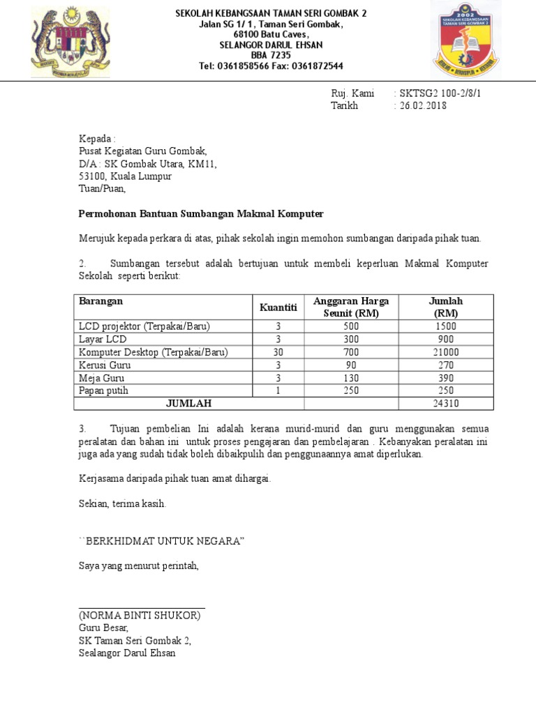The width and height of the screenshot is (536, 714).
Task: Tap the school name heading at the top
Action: [x=271, y=13]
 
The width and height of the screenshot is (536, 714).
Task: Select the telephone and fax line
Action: [x=271, y=66]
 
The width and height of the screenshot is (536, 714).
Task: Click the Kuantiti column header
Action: [x=278, y=307]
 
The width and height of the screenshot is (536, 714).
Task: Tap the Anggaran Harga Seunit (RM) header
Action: [x=351, y=307]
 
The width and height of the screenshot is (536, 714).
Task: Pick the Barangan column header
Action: [x=101, y=301]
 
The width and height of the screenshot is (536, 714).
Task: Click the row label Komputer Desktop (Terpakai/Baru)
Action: [x=154, y=352]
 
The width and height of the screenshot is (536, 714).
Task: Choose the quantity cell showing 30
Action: [x=278, y=352]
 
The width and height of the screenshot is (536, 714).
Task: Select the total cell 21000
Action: [x=445, y=352]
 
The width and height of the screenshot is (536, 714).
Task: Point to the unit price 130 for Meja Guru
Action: [x=351, y=378]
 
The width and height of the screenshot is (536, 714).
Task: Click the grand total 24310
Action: [x=445, y=404]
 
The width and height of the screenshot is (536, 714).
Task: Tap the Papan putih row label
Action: [x=104, y=390]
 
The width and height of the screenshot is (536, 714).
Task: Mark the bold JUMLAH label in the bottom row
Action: [x=188, y=404]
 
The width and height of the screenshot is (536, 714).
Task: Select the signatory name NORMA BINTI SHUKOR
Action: [x=140, y=616]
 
